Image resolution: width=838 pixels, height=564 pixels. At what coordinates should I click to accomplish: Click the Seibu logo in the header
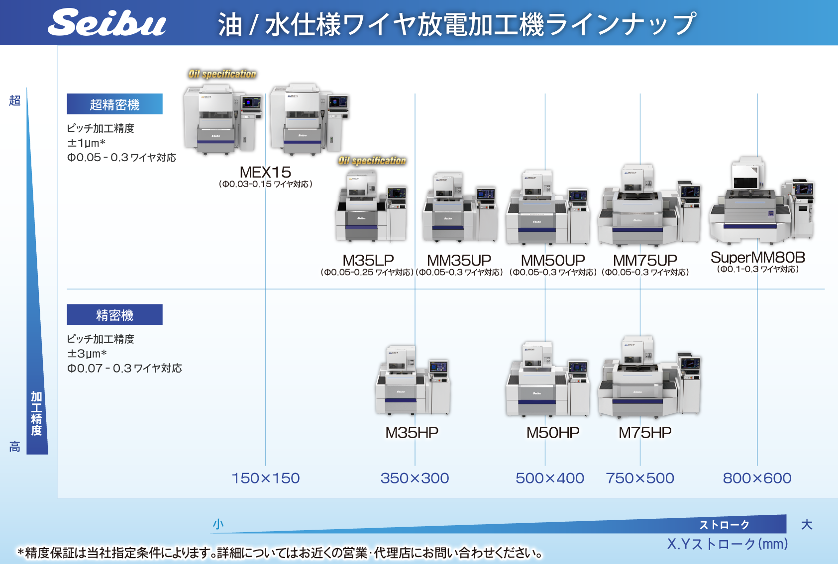(x=106, y=23)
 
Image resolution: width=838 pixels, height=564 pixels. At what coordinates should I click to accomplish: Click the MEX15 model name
(x=265, y=172)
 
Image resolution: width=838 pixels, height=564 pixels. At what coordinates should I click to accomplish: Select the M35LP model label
(x=368, y=260)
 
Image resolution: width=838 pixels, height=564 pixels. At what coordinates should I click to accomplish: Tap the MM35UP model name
(x=459, y=260)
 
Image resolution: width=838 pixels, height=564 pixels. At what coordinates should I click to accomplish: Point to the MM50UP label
(x=552, y=260)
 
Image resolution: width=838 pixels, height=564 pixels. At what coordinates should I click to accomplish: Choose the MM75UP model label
(x=645, y=260)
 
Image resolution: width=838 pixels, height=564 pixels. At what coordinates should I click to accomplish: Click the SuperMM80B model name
(x=757, y=257)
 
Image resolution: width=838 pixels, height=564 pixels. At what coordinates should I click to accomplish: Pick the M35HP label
(x=412, y=433)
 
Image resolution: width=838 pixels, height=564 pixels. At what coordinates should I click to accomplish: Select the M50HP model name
(x=552, y=433)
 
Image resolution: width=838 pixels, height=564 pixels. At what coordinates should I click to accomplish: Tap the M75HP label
(x=645, y=433)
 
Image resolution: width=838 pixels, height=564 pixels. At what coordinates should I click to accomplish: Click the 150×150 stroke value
(x=265, y=478)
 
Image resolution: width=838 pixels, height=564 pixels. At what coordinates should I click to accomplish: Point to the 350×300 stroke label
(x=415, y=478)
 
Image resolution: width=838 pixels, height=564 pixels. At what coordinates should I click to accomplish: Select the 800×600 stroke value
(x=757, y=478)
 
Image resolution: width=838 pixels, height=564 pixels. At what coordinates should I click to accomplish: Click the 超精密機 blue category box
(x=114, y=104)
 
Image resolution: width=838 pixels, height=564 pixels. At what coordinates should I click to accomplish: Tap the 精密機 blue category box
(x=114, y=314)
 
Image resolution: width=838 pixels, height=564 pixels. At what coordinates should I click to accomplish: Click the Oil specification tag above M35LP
(x=372, y=161)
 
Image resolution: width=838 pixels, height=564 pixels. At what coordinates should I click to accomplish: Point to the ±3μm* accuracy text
(x=87, y=354)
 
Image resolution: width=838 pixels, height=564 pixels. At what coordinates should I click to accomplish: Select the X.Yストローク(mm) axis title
(x=727, y=544)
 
